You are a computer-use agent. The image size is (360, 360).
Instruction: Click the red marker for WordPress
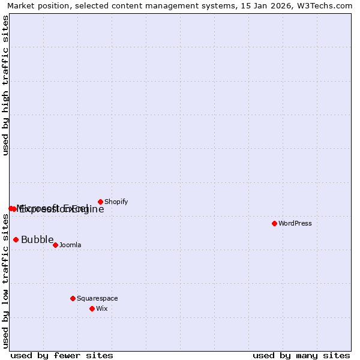click(274, 223)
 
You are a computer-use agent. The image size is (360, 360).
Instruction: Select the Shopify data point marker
click(100, 202)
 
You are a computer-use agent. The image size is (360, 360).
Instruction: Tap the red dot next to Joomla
click(55, 245)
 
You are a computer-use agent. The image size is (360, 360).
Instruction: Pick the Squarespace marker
click(73, 298)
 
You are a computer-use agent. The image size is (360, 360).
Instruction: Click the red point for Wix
click(92, 308)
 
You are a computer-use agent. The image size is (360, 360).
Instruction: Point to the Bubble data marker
click(16, 239)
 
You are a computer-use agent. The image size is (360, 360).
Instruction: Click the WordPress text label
click(295, 223)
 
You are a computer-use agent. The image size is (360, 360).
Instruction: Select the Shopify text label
click(116, 202)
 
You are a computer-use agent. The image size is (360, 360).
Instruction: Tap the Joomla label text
click(70, 245)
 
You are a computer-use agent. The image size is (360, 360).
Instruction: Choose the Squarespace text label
click(97, 298)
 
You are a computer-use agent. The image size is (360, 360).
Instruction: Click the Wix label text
click(101, 308)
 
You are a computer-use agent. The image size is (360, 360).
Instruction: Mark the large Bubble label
click(37, 240)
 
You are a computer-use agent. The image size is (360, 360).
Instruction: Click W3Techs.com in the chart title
click(325, 6)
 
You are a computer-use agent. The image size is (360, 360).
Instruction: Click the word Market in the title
click(22, 6)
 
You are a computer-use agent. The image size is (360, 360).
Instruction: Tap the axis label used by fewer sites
click(62, 355)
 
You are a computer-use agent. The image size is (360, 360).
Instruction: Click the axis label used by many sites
click(301, 355)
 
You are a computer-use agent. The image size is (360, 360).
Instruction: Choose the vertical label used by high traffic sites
click(6, 85)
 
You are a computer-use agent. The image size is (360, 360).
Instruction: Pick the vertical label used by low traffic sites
click(6, 282)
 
